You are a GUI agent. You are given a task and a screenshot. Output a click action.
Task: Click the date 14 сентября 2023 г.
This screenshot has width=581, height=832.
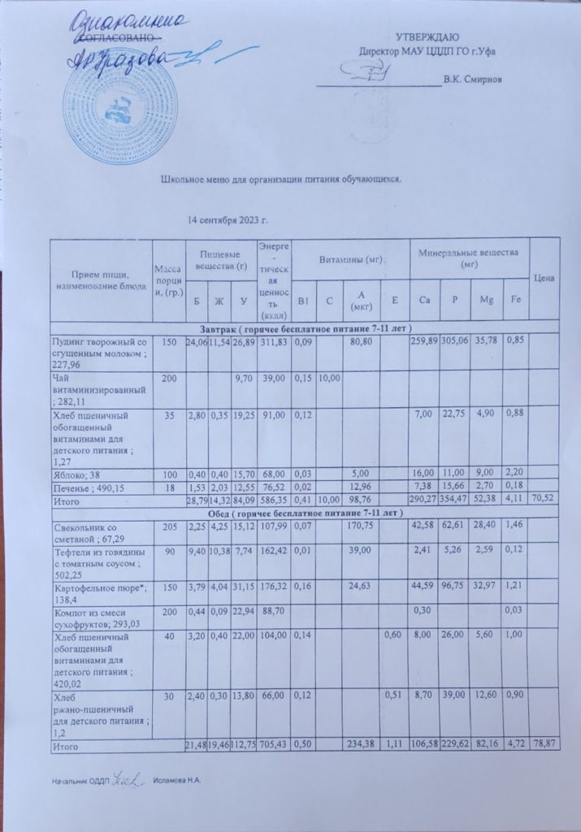point(228,220)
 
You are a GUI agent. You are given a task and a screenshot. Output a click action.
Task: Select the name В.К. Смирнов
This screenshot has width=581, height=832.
point(472,80)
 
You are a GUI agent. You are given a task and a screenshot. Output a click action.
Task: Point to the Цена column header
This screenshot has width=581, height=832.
point(544,279)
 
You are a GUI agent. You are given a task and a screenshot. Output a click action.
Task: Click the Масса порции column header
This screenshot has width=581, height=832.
point(167,279)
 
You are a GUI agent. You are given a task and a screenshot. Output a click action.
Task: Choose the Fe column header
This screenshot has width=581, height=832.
point(514,301)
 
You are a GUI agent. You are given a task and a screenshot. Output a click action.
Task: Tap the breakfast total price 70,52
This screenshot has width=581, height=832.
point(545,500)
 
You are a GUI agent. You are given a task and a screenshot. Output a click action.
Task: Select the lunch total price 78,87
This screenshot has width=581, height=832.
point(545,745)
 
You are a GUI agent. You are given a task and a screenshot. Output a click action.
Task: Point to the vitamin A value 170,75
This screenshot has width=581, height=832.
point(359,526)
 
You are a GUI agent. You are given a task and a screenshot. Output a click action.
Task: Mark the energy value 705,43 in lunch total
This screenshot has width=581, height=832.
point(273,745)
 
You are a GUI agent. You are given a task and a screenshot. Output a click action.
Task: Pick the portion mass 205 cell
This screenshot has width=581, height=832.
point(168,526)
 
